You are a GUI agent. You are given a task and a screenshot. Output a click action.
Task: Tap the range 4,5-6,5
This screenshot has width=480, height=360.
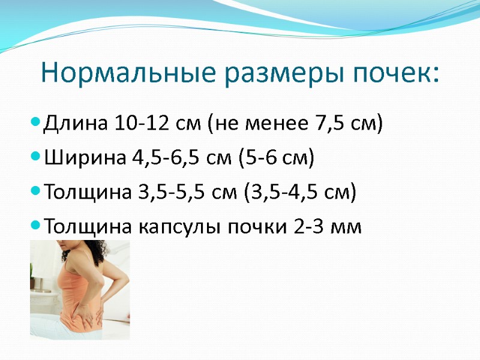pyautogui.click(x=163, y=158)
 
